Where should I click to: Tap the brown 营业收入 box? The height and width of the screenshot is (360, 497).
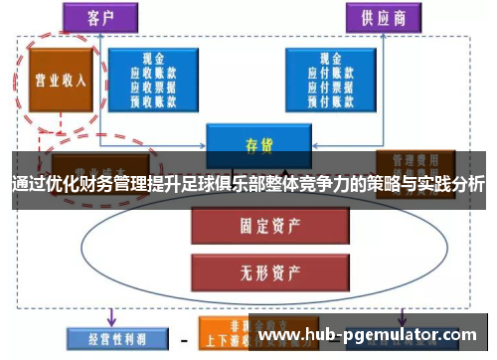tap(58, 80)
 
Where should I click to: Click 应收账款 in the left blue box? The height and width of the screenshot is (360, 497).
tap(153, 73)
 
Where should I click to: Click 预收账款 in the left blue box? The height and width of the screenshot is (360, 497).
tap(153, 99)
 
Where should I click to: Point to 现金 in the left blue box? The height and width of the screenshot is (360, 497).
tap(153, 59)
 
